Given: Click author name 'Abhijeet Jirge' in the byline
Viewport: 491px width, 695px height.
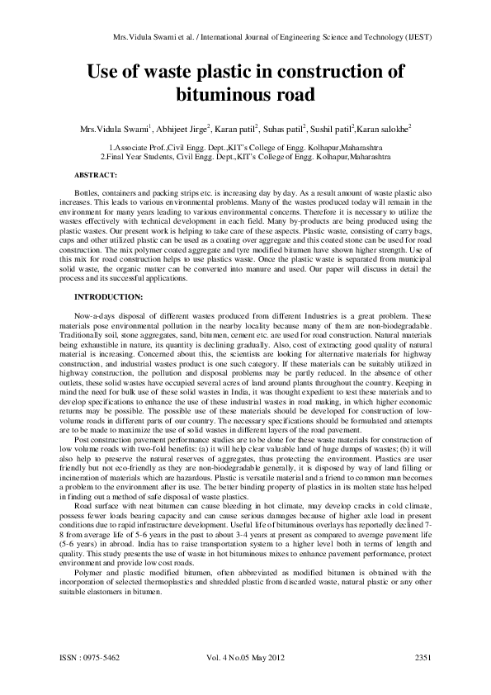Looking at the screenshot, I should pos(182,130).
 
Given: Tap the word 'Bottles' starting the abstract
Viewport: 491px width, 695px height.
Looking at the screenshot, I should pos(87,191).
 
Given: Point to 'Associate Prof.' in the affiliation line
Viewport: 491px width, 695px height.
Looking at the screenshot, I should pos(130,147).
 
